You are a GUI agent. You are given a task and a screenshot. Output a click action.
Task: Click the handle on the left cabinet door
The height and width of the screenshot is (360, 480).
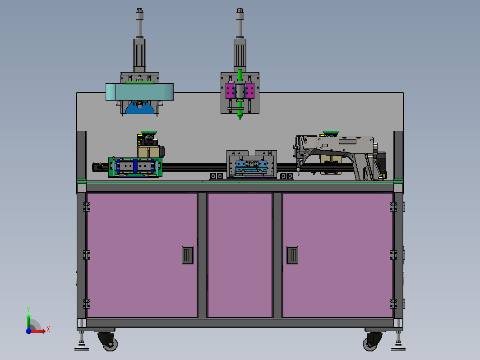point(188,255)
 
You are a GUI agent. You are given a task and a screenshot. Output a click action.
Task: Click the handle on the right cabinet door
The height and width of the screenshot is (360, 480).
point(292,255)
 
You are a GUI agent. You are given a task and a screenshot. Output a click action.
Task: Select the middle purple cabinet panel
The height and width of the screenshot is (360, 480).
point(240,255)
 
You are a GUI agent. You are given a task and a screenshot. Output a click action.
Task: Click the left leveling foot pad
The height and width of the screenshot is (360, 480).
point(81,348)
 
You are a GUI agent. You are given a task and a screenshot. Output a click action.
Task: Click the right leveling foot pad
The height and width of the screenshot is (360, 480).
point(398,348)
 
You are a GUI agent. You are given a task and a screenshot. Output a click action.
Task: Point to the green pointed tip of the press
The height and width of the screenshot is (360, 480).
point(240,118)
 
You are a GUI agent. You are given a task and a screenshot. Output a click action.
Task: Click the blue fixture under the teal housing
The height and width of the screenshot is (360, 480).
point(139,108)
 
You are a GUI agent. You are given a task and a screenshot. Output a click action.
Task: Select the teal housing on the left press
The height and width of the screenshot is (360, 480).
point(139,92)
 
